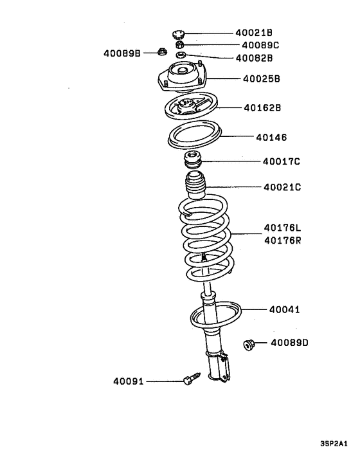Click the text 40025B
pyautogui.click(x=262, y=79)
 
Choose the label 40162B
pyautogui.click(x=262, y=108)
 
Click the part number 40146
pyautogui.click(x=271, y=137)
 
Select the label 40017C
pyautogui.click(x=282, y=162)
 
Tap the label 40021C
pyautogui.click(x=282, y=187)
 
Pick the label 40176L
pyautogui.click(x=282, y=228)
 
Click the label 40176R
pyautogui.click(x=282, y=241)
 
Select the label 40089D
pyautogui.click(x=289, y=343)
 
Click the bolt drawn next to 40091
pyautogui.click(x=190, y=380)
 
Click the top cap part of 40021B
pyautogui.click(x=179, y=35)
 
